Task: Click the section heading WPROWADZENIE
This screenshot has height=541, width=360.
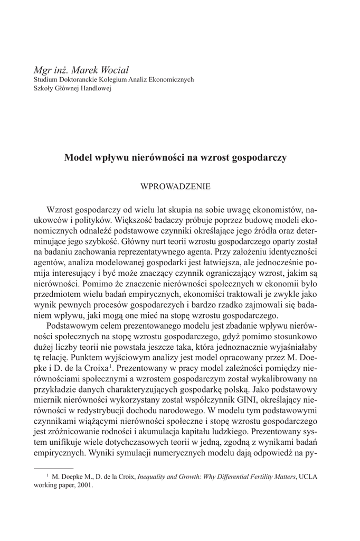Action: pyautogui.click(x=175, y=186)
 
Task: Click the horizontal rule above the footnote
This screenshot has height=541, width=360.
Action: pyautogui.click(x=53, y=468)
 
